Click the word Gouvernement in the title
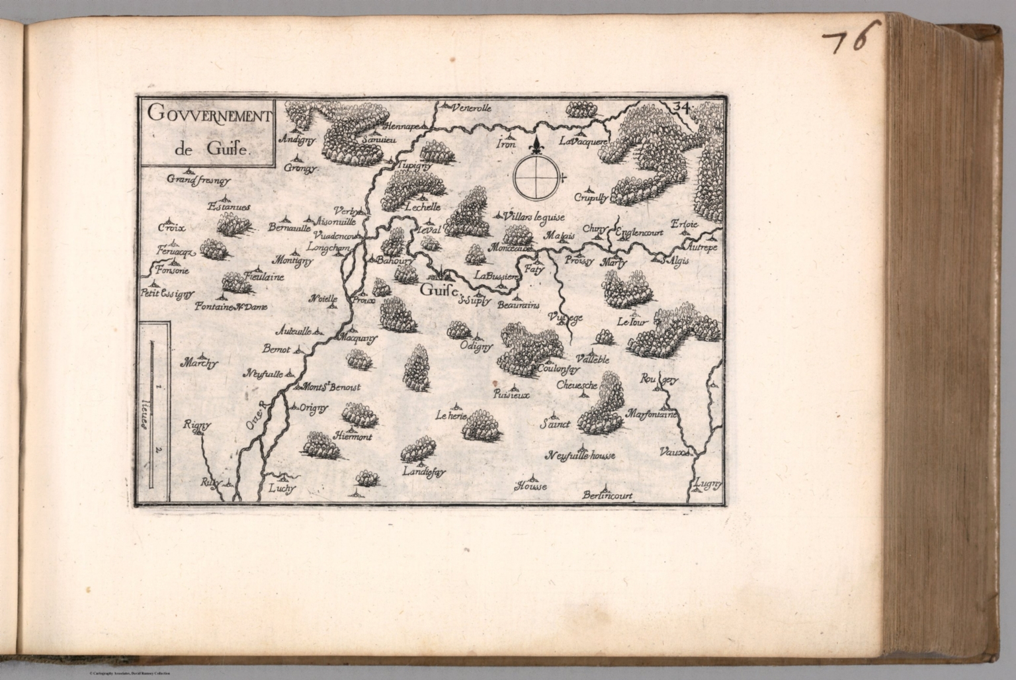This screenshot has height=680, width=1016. [209, 114]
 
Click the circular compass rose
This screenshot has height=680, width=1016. [537, 176]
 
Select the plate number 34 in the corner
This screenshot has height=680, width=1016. [683, 106]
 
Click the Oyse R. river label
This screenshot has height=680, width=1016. [254, 414]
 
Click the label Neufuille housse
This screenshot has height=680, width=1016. [581, 456]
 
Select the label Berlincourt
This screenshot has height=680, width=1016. [607, 495]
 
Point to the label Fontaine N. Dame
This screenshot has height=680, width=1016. [230, 306]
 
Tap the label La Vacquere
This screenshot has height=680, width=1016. [582, 141]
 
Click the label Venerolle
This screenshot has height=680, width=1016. [472, 108]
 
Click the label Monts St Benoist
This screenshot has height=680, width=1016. [331, 388]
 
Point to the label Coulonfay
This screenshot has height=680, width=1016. [559, 368]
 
